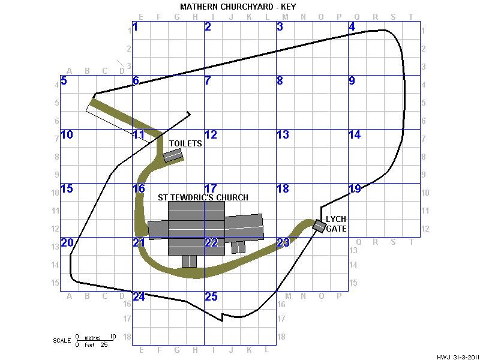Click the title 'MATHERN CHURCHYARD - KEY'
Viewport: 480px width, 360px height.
[238, 7]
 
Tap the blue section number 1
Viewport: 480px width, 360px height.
[136, 27]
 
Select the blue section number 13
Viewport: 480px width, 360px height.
[283, 134]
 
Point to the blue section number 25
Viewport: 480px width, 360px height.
[211, 296]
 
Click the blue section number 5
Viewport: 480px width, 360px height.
[64, 81]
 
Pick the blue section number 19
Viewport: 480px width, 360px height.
[355, 188]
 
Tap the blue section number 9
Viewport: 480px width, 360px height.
[352, 81]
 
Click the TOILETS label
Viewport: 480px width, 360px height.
[185, 143]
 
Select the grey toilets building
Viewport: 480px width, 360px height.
[172, 155]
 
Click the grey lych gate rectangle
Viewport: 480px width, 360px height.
[319, 226]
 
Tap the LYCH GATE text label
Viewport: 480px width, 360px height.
[336, 224]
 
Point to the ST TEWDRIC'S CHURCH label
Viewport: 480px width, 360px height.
[203, 197]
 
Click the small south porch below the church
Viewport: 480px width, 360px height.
[189, 262]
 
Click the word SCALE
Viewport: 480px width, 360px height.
[62, 341]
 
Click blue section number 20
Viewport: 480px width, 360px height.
[67, 243]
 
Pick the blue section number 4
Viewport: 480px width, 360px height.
[352, 27]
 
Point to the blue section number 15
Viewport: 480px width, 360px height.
[67, 188]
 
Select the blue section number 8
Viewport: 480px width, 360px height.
[280, 81]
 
